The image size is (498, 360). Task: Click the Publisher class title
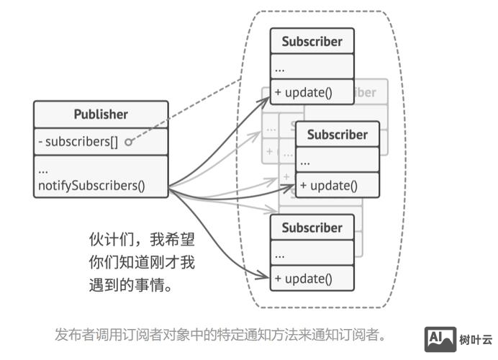tap(101, 114)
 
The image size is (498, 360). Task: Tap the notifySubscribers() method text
tap(91, 185)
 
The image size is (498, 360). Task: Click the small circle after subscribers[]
tap(129, 143)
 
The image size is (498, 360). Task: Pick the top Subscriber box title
tap(312, 41)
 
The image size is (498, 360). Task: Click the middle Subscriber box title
tap(337, 135)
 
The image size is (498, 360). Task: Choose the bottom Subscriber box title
tap(312, 228)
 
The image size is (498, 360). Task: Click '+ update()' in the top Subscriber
tap(304, 92)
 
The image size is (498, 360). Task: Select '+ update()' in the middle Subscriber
tap(329, 186)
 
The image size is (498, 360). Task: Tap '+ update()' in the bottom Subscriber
tap(304, 279)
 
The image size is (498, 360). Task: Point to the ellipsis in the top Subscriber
tap(280, 68)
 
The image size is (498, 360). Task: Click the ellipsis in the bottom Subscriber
tap(280, 254)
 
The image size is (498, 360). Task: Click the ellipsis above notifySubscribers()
tap(43, 170)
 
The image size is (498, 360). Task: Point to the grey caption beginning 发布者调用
tap(221, 334)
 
